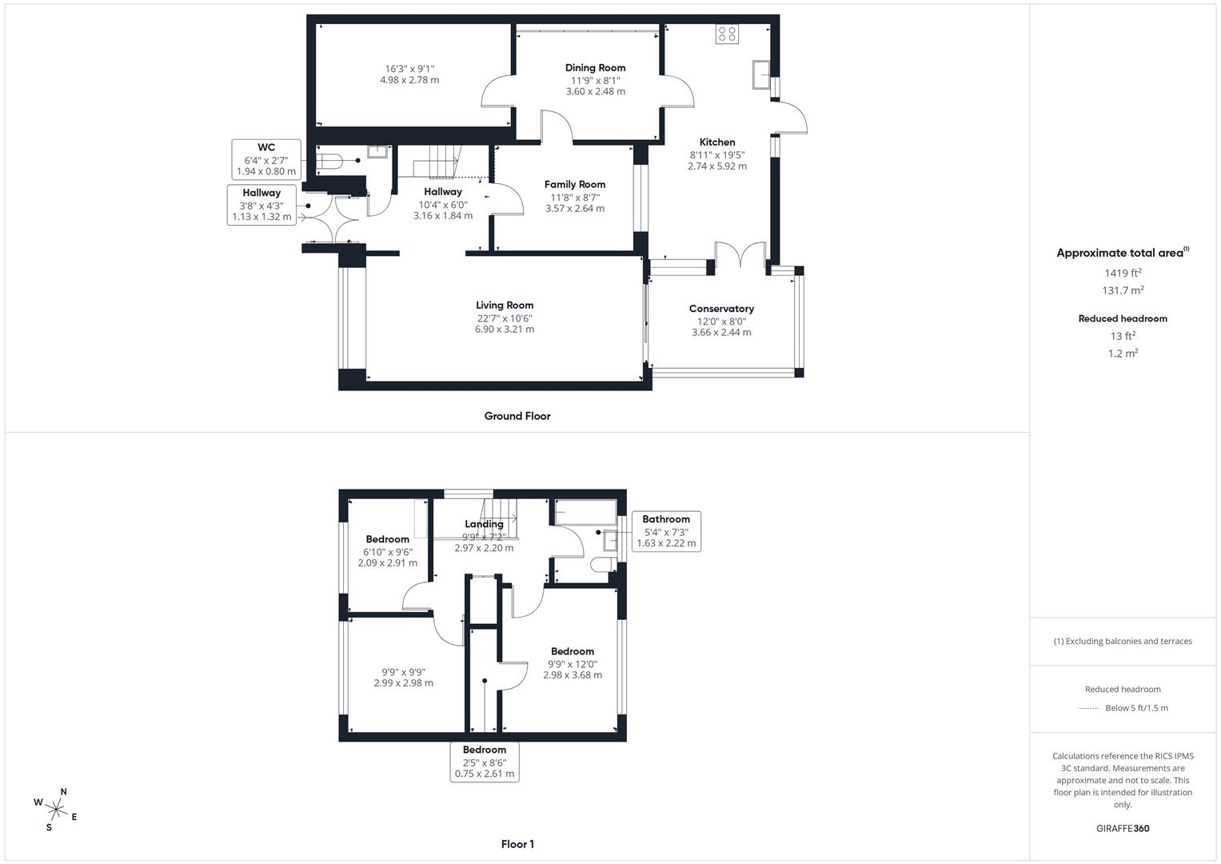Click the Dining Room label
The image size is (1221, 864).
[595, 68]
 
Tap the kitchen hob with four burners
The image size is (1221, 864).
[728, 34]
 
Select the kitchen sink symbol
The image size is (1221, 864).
[760, 74]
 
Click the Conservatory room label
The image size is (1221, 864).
[721, 309]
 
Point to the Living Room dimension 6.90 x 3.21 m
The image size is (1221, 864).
[505, 330]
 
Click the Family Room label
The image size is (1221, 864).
[575, 184]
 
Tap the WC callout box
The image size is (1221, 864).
[266, 159]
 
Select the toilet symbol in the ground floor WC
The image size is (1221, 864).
[329, 162]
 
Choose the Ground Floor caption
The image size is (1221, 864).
[517, 416]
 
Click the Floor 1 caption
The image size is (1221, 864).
[517, 844]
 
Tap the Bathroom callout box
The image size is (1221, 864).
[666, 531]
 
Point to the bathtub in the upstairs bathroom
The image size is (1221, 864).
[585, 512]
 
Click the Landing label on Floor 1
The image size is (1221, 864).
[484, 524]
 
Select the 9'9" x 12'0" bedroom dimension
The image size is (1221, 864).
[573, 664]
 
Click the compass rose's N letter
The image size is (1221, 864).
[64, 792]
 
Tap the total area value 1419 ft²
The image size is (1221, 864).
[1123, 273]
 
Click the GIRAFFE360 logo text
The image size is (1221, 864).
[1123, 829]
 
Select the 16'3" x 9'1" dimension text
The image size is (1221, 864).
[409, 69]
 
